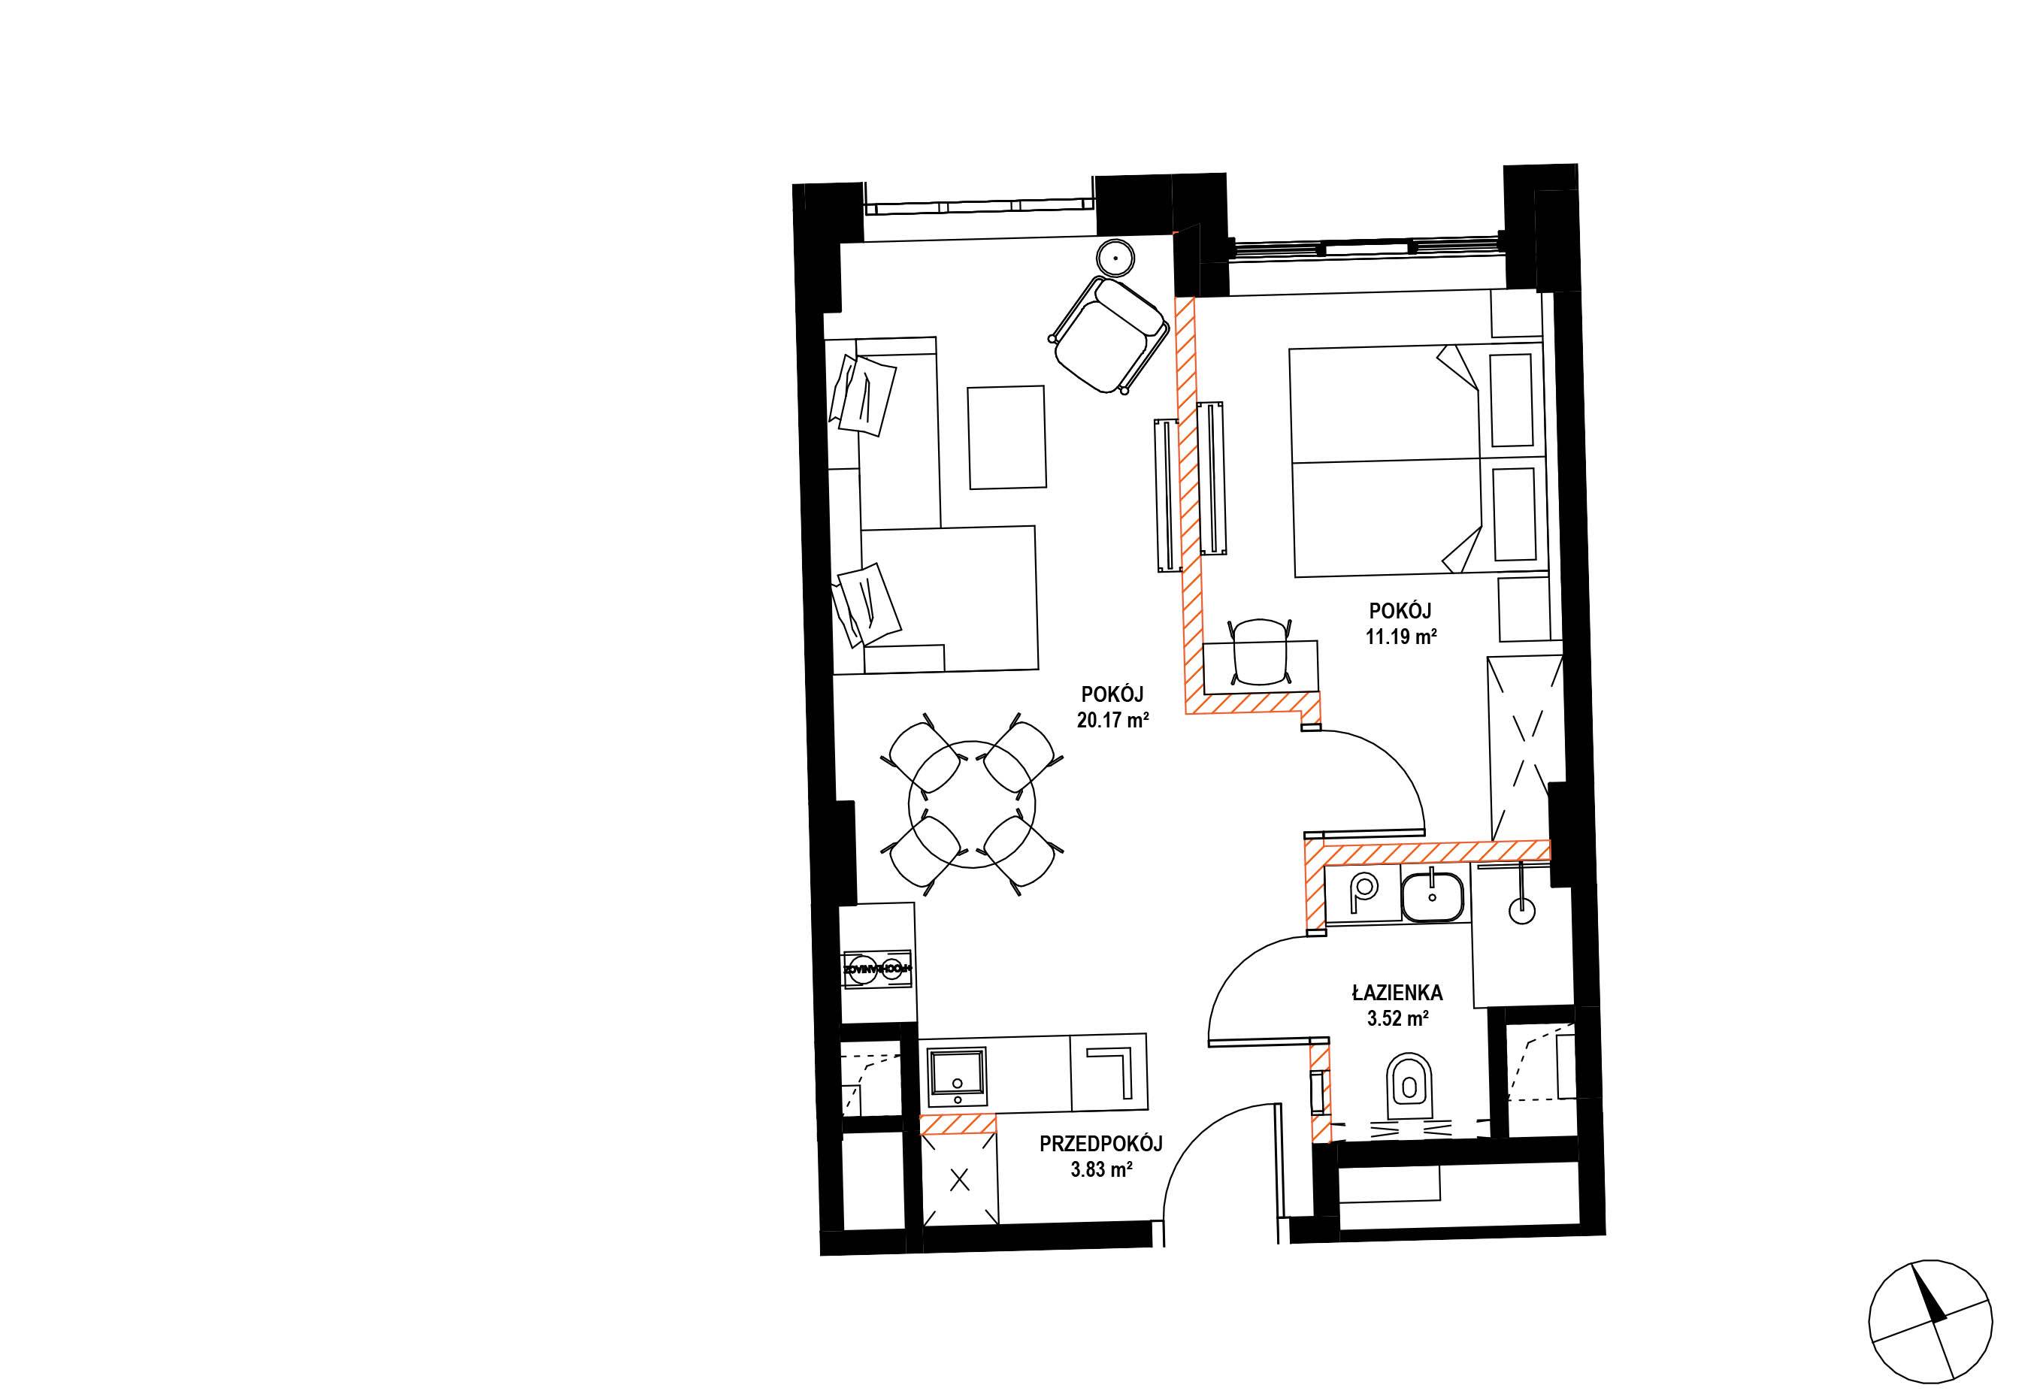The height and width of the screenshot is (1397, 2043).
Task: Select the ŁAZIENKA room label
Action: (1397, 993)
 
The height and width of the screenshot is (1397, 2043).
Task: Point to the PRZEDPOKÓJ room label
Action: (1100, 1144)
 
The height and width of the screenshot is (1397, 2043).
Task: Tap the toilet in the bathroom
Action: (1409, 1090)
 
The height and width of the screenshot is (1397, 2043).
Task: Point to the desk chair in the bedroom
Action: (1260, 651)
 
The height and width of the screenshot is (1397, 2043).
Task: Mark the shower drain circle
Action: (1521, 909)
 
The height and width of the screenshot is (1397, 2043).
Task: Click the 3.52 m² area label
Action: (1396, 1019)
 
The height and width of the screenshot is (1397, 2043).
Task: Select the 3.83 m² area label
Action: (1100, 1170)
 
